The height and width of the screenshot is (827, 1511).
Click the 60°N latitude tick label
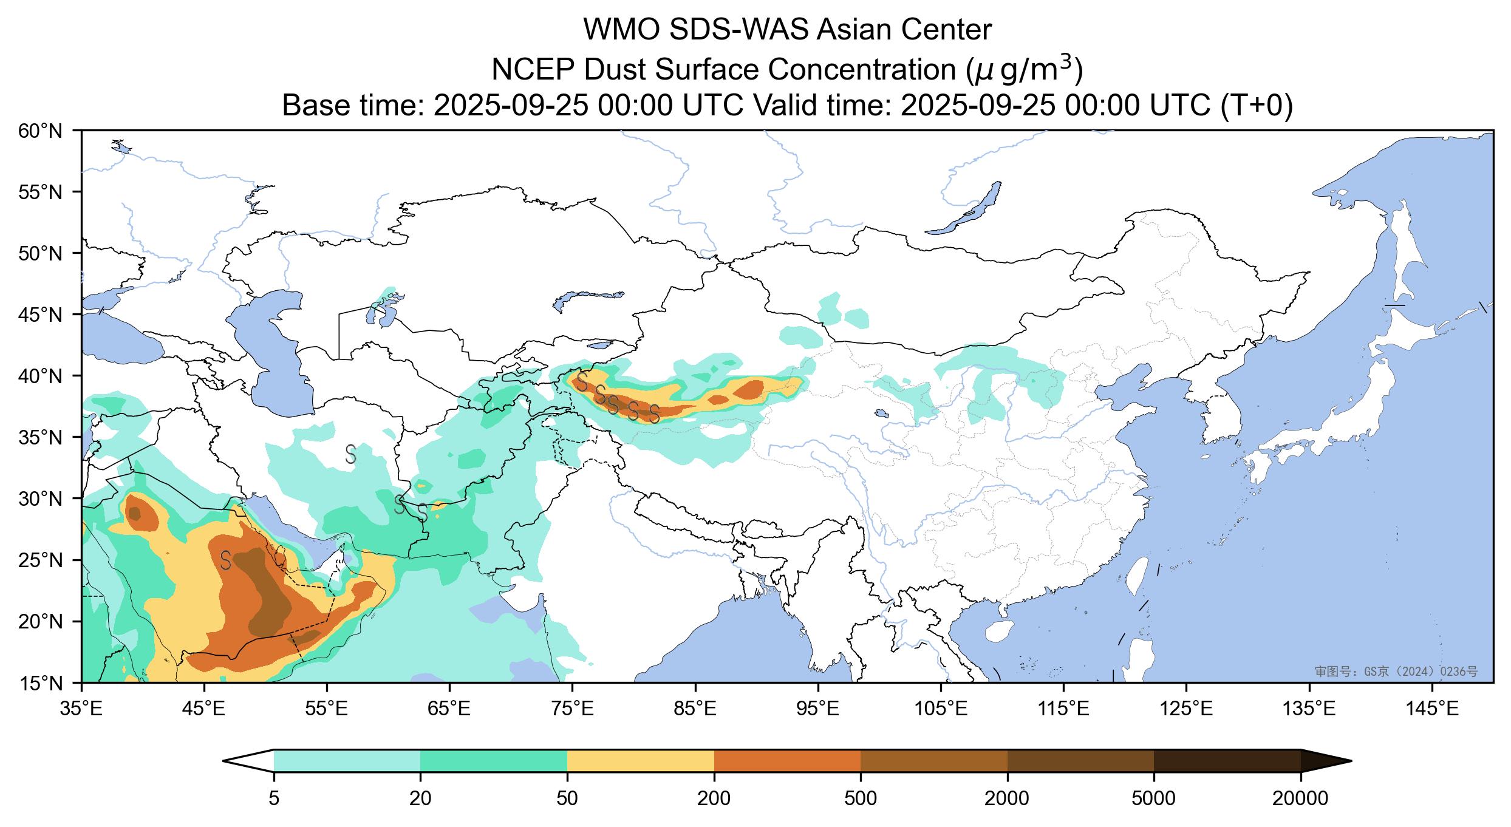click(x=46, y=131)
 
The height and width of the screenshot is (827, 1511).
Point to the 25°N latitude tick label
click(x=46, y=560)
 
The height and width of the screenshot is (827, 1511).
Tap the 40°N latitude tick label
click(x=46, y=376)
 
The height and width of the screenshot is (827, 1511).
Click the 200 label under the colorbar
click(x=714, y=798)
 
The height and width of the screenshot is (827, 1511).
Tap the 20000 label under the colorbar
click(x=1300, y=798)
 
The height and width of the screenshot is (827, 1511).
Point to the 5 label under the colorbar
click(x=274, y=798)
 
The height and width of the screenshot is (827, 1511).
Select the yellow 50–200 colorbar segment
click(x=640, y=761)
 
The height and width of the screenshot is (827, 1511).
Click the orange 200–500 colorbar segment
click(x=787, y=761)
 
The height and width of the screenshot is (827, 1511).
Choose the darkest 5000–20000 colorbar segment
click(x=1227, y=761)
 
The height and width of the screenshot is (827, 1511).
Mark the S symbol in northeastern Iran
click(x=350, y=454)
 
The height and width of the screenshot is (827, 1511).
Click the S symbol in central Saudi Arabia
click(x=225, y=560)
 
